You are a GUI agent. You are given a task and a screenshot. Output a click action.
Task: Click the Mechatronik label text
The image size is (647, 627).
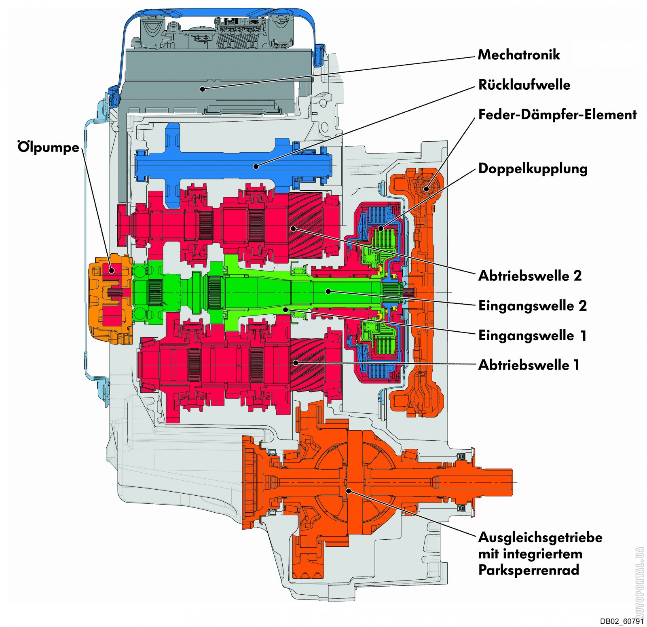[x=519, y=55]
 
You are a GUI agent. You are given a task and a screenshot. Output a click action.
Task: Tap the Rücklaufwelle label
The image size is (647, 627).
[x=524, y=84]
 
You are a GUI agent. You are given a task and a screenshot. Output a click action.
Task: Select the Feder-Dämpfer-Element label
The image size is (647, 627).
[x=557, y=115]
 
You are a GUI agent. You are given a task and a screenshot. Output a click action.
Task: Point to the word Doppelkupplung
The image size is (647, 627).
[x=533, y=168]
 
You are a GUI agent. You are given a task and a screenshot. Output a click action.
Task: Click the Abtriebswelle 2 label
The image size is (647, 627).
[x=530, y=276]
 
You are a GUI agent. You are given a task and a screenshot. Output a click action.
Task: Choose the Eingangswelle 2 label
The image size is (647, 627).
[x=533, y=305]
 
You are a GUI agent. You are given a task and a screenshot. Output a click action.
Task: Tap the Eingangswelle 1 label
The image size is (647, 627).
[x=532, y=335]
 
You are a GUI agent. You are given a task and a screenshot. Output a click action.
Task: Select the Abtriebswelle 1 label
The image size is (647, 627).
[x=529, y=365]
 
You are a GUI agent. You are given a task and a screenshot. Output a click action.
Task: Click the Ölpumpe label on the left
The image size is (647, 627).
[x=49, y=147]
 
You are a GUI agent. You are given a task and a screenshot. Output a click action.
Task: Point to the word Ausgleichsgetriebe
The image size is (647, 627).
[x=540, y=538]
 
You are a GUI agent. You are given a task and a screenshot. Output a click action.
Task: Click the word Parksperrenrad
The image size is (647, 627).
[x=529, y=570]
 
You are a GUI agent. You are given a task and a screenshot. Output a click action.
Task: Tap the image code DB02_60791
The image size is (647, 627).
[x=622, y=621]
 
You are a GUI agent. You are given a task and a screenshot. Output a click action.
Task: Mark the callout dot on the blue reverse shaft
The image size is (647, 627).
[x=256, y=166]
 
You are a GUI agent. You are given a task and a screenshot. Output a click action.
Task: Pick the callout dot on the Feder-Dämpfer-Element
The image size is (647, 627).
[x=426, y=188]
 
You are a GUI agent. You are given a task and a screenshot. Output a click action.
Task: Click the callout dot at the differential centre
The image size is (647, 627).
[x=348, y=490]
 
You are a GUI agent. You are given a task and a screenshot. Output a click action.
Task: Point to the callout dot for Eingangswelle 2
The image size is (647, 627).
[x=329, y=291]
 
